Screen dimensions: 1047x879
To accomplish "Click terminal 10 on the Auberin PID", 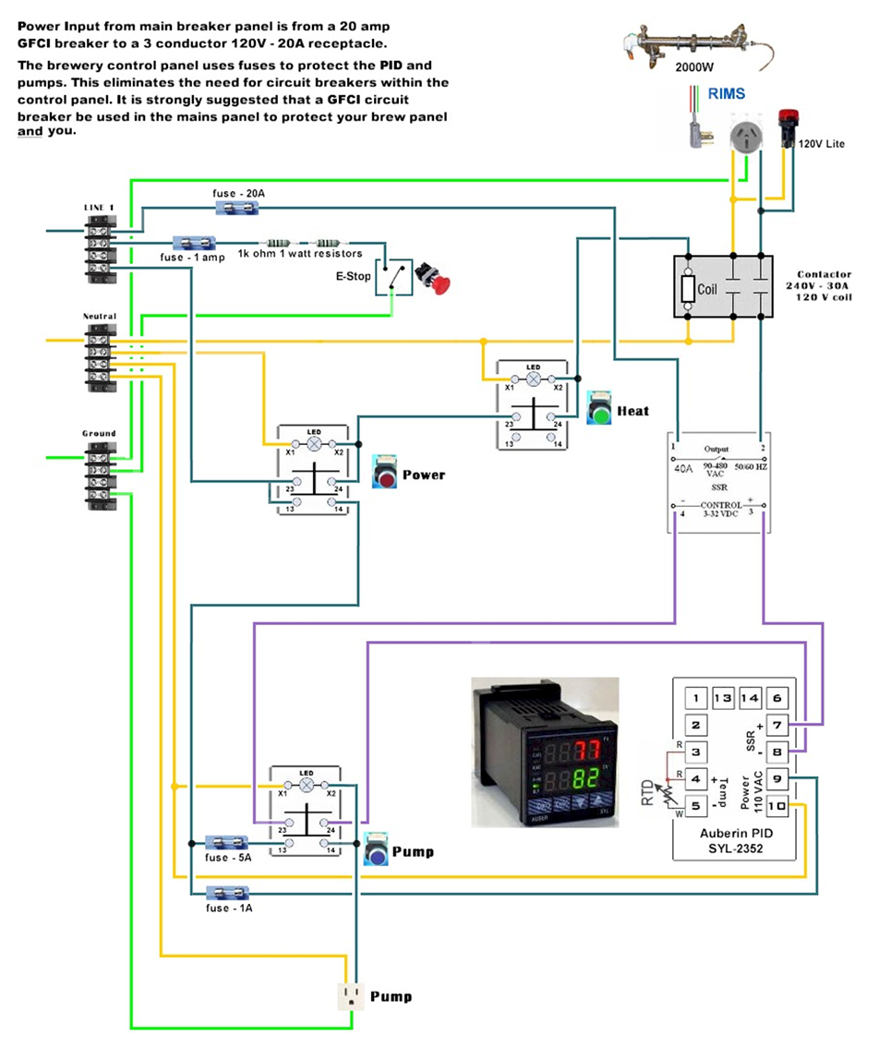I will (777, 807).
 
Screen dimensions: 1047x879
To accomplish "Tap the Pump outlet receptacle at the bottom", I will (350, 995).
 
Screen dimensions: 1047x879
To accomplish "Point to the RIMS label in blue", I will (727, 93).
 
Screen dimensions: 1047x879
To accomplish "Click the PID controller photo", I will (544, 752).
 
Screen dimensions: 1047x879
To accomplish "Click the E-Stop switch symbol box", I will (393, 277).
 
